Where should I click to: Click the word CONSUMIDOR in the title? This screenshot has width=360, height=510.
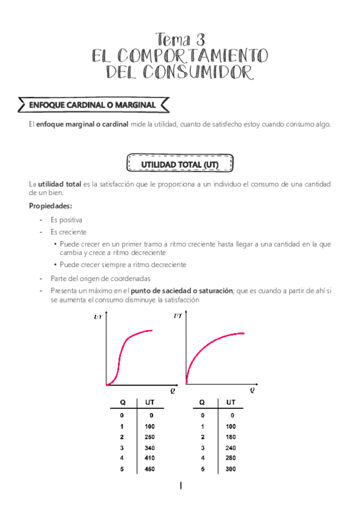coord(207,72)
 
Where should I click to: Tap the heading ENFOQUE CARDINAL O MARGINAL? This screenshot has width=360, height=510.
coord(93,105)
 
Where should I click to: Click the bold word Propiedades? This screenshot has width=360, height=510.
coord(50,206)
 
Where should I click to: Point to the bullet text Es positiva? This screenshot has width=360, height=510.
coord(66,220)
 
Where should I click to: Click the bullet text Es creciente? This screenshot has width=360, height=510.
coord(69,232)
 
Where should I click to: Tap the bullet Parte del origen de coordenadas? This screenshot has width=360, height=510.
coord(100,278)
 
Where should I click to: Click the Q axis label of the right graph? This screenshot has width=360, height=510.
coord(252,390)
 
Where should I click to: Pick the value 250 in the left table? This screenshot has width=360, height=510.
coord(150,437)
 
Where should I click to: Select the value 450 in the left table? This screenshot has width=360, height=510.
coord(150,469)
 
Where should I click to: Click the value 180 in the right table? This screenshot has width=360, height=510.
coord(231,437)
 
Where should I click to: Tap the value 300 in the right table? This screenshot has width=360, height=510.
coord(231,469)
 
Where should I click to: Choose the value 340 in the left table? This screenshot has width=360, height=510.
coord(150,447)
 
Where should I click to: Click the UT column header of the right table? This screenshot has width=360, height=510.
coord(231,402)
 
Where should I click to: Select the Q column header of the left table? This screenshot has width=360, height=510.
coord(122,402)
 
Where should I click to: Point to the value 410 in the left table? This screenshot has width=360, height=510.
coord(150,458)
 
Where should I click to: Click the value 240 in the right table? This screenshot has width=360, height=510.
coord(231,447)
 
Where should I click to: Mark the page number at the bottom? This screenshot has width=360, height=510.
coord(180,486)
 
